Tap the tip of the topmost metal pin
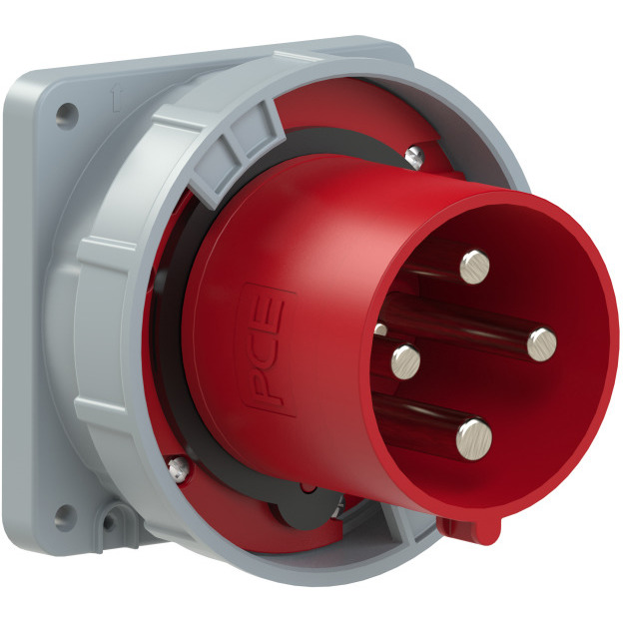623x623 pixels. coord(475,267)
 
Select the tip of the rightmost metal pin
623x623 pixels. coord(542,344)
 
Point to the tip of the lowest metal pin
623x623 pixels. coord(474,439)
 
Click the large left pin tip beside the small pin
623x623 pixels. coord(405,361)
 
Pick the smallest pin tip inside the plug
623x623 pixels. coord(380,329)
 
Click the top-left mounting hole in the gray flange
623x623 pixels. coord(66,115)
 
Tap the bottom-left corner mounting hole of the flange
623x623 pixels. coord(64,516)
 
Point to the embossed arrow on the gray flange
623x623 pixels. coord(117,99)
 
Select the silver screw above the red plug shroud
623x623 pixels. coord(414,156)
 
